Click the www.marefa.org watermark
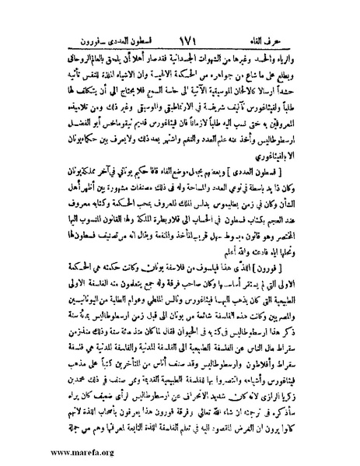pos(50,451)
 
